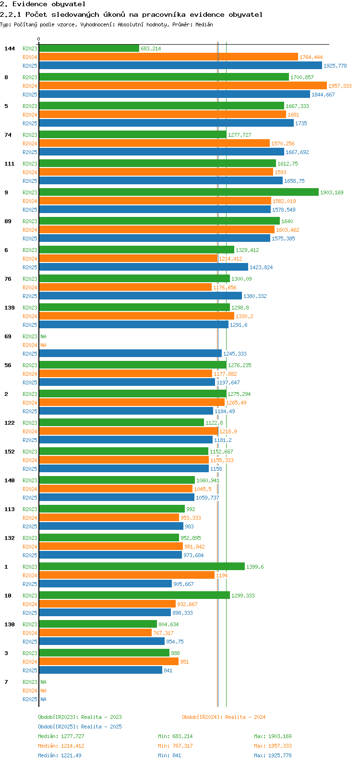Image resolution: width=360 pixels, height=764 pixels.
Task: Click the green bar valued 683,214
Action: [89, 48]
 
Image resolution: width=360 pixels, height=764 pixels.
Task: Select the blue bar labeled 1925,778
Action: [180, 66]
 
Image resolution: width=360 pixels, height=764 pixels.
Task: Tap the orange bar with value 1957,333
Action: [182, 86]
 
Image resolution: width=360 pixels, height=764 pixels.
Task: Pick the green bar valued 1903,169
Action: [179, 192]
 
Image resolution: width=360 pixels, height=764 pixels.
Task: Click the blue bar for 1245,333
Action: [130, 354]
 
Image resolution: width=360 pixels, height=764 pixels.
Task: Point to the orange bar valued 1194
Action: [127, 575]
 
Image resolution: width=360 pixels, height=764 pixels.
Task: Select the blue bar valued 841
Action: [100, 670]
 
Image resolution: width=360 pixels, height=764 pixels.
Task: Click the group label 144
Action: [10, 48]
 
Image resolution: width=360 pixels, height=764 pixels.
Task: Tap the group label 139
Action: [10, 308]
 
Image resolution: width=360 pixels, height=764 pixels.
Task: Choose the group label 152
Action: [10, 452]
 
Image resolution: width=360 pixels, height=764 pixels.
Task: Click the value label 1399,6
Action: [255, 567]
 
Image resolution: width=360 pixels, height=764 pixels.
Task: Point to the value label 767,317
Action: [163, 633]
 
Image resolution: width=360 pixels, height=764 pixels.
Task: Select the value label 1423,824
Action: [261, 267]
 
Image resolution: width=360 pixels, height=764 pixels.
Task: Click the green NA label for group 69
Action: [43, 336]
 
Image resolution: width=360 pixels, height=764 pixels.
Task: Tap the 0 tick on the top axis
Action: [39, 39]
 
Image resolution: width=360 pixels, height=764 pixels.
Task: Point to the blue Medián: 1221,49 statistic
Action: [61, 755]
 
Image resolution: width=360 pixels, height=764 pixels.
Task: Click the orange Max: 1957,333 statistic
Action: [273, 746]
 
